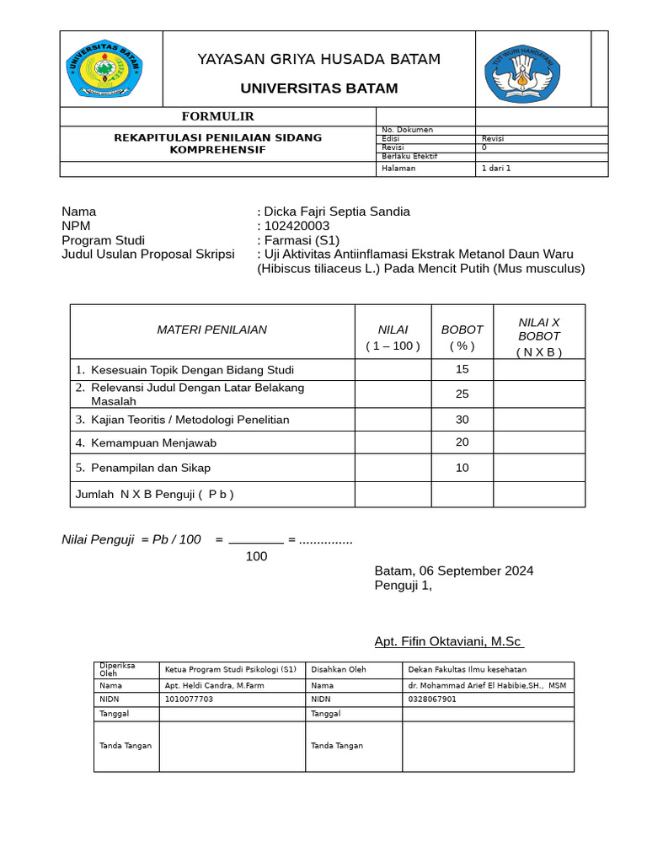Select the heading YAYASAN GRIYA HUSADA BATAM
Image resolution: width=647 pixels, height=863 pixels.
(x=318, y=59)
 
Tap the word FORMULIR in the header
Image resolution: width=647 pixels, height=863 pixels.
(x=218, y=116)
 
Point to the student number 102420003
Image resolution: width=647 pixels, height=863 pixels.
(x=297, y=226)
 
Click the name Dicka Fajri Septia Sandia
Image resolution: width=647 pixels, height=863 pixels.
(x=337, y=212)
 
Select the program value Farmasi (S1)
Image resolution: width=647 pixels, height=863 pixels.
(x=302, y=240)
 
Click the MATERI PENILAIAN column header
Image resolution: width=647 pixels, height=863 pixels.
(x=212, y=330)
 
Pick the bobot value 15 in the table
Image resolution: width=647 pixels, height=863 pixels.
(x=462, y=369)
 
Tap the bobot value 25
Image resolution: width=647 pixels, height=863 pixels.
(x=462, y=394)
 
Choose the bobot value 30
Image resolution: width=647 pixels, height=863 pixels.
(x=462, y=419)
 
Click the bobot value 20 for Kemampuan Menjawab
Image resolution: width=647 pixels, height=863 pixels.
(x=462, y=442)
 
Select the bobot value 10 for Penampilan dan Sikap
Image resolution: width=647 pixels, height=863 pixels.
(x=462, y=468)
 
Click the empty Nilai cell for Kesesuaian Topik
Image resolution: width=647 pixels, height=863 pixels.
(x=393, y=369)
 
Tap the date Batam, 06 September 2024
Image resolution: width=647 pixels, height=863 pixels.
(x=453, y=571)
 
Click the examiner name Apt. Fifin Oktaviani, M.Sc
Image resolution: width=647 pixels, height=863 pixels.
(x=449, y=642)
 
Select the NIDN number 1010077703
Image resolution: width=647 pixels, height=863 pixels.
(x=190, y=699)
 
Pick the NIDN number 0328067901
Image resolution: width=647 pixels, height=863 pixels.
(x=432, y=699)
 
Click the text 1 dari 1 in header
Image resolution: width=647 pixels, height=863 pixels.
(x=496, y=168)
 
